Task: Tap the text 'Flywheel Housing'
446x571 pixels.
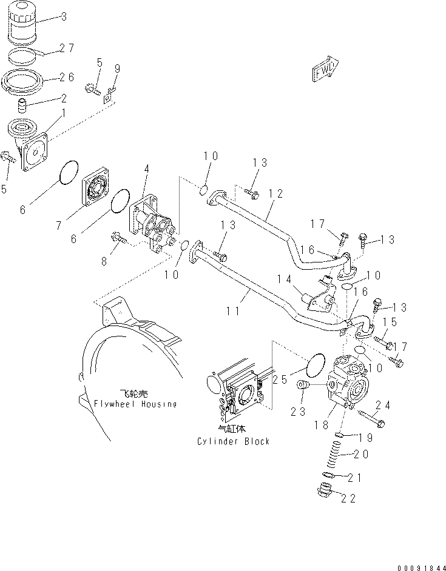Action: pos(135,404)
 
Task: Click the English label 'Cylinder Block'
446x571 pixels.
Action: pos(234,441)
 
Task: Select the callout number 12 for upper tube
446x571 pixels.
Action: pos(275,194)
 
